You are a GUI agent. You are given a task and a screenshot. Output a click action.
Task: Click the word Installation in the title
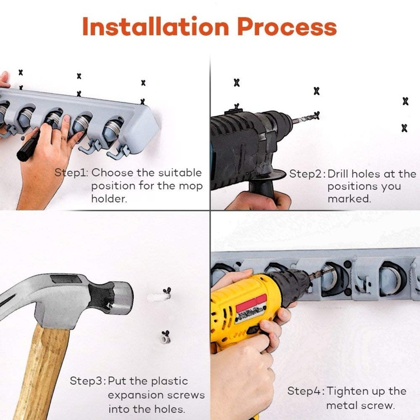[x=156, y=26]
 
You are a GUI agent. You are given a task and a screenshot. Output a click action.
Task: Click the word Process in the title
[x=287, y=26]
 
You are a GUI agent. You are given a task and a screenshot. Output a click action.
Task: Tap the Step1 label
[x=71, y=173]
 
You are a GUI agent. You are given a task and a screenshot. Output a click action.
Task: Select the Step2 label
[x=307, y=174]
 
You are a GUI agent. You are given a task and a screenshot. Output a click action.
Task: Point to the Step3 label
[x=87, y=381]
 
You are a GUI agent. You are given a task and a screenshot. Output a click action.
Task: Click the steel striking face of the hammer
[x=124, y=298]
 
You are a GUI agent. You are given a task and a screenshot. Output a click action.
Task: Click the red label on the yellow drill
[x=251, y=304]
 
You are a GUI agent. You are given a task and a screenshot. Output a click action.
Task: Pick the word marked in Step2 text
[x=349, y=199]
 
